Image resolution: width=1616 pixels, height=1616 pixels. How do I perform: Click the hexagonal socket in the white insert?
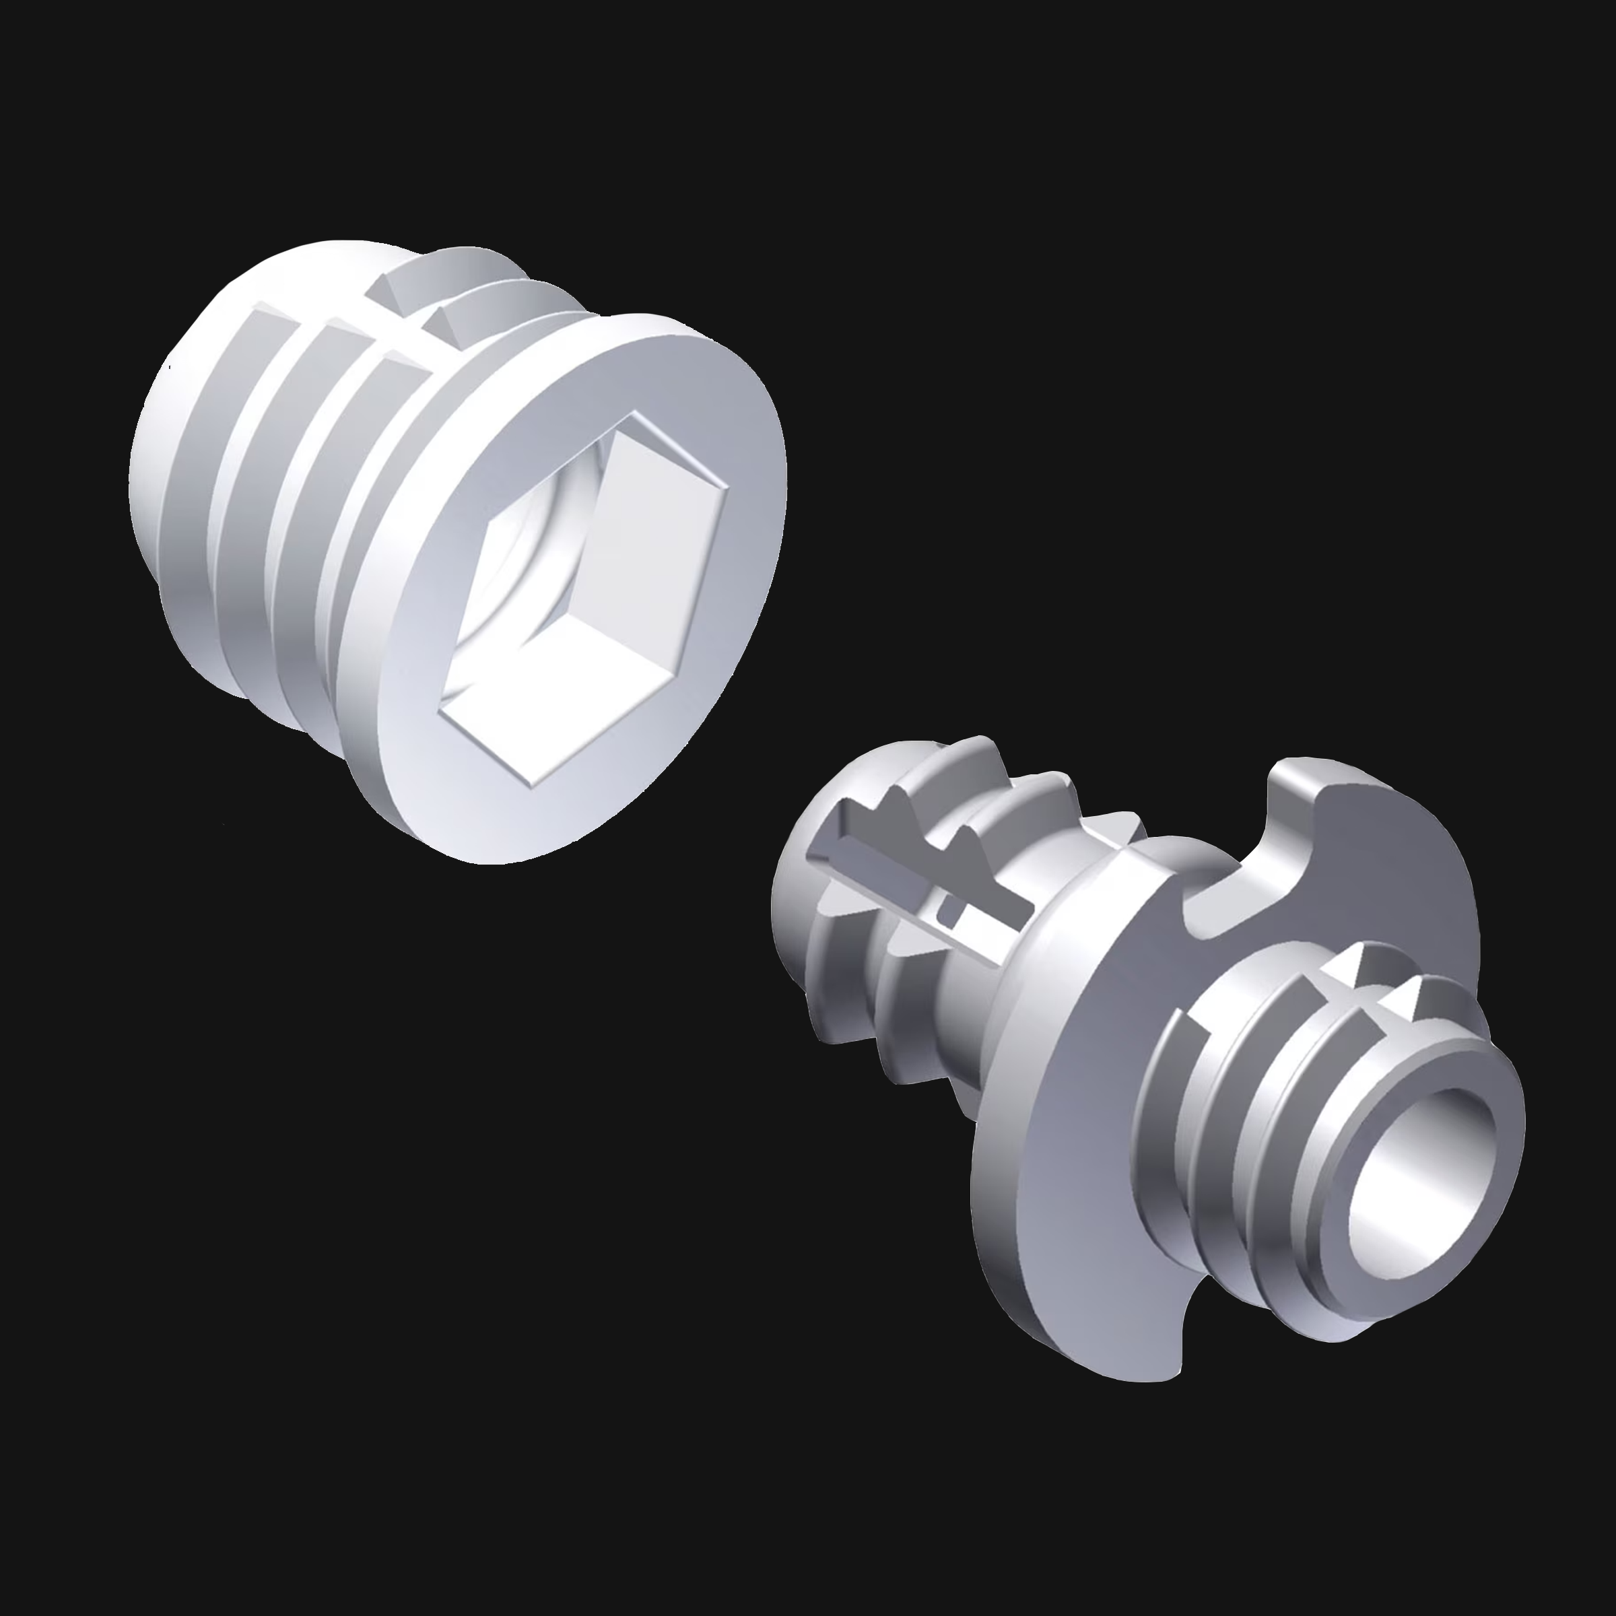pos(586,598)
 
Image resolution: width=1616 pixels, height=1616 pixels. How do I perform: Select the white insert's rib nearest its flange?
pos(368,518)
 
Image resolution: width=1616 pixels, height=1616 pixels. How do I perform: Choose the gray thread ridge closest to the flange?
pos(1171,1087)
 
